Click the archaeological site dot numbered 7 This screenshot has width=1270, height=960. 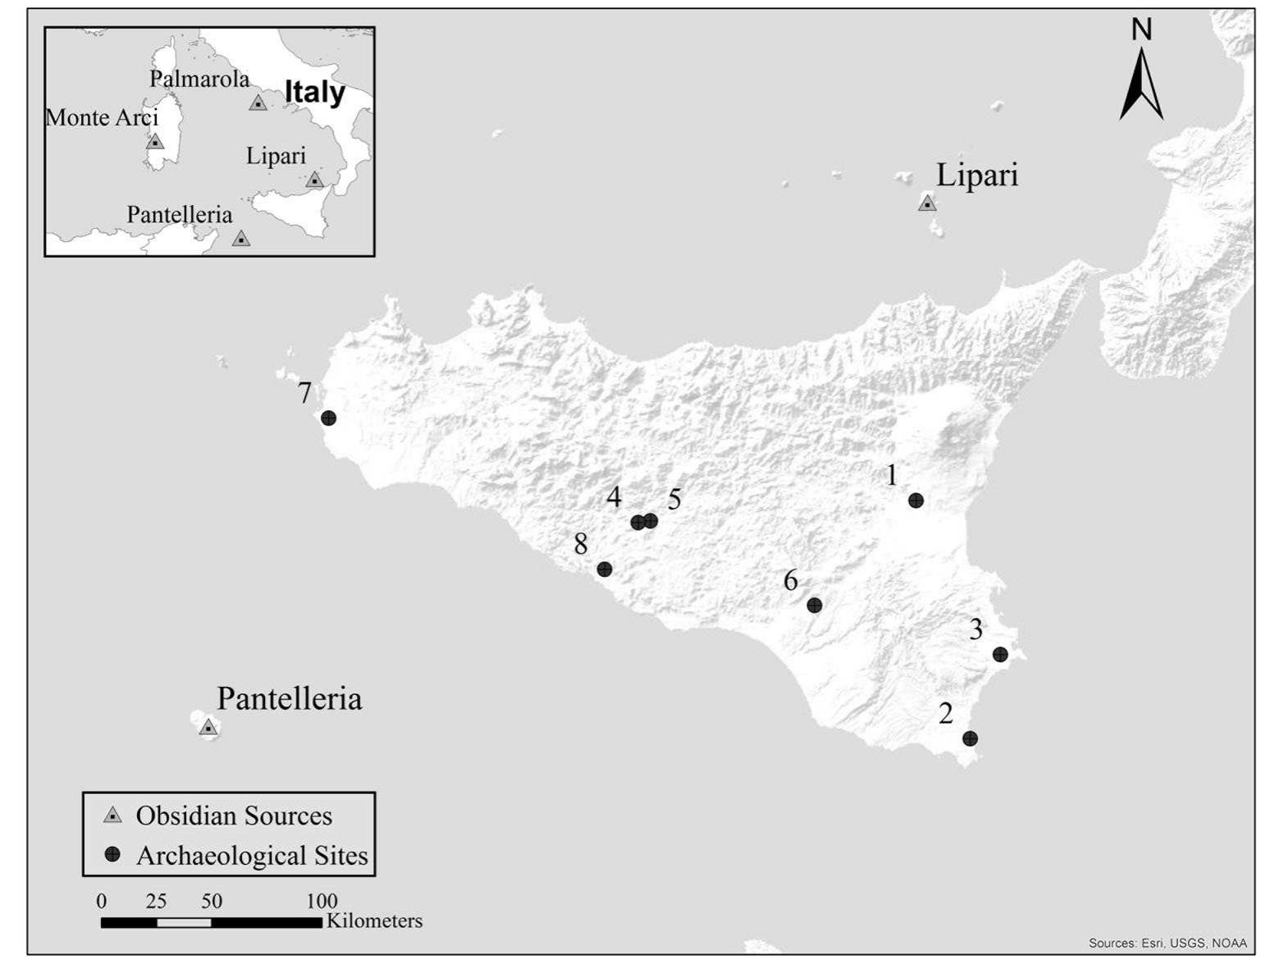328,418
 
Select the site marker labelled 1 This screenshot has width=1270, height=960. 916,501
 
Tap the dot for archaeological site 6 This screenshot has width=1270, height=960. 814,606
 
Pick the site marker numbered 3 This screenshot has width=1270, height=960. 999,654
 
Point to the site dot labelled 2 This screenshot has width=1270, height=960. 970,738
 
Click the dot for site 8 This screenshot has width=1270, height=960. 604,569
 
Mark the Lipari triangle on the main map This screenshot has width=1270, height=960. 927,203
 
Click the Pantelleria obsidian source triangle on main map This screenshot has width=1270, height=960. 208,728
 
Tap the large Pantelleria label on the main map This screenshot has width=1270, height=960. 289,698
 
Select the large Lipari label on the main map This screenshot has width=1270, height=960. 977,175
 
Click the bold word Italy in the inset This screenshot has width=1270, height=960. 315,92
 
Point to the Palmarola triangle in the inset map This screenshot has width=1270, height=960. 258,103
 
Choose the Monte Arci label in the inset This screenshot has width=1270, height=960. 102,117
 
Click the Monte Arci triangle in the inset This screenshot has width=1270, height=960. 154,142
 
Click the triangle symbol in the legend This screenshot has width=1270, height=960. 112,816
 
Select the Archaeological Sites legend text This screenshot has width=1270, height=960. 252,856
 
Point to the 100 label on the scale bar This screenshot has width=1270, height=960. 322,901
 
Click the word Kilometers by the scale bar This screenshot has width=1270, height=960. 374,921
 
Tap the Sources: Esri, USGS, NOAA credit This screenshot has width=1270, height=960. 1167,943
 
